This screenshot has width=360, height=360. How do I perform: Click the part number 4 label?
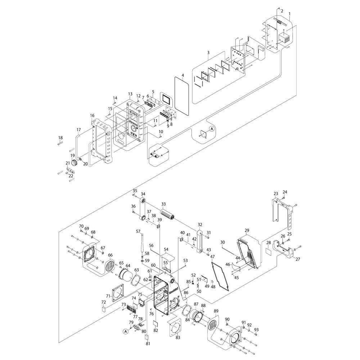(x=183, y=76)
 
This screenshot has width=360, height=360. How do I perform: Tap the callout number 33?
(x=163, y=204)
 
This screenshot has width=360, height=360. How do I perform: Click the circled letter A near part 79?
(x=125, y=330)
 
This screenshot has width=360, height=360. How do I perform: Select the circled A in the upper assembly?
(x=212, y=129)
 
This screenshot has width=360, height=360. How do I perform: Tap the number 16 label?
(x=92, y=116)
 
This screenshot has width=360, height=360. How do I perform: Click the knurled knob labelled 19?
(x=75, y=163)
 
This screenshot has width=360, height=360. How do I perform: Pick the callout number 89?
(x=216, y=311)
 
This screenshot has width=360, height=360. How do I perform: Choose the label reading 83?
(x=178, y=337)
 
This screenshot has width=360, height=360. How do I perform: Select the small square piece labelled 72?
(x=104, y=309)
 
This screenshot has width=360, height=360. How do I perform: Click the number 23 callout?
(x=276, y=193)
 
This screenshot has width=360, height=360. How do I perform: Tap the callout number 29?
(x=247, y=230)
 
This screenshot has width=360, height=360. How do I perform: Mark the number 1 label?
(x=290, y=14)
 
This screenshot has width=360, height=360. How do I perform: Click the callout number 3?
(x=208, y=53)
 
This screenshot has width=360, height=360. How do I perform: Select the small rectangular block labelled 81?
(x=147, y=337)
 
